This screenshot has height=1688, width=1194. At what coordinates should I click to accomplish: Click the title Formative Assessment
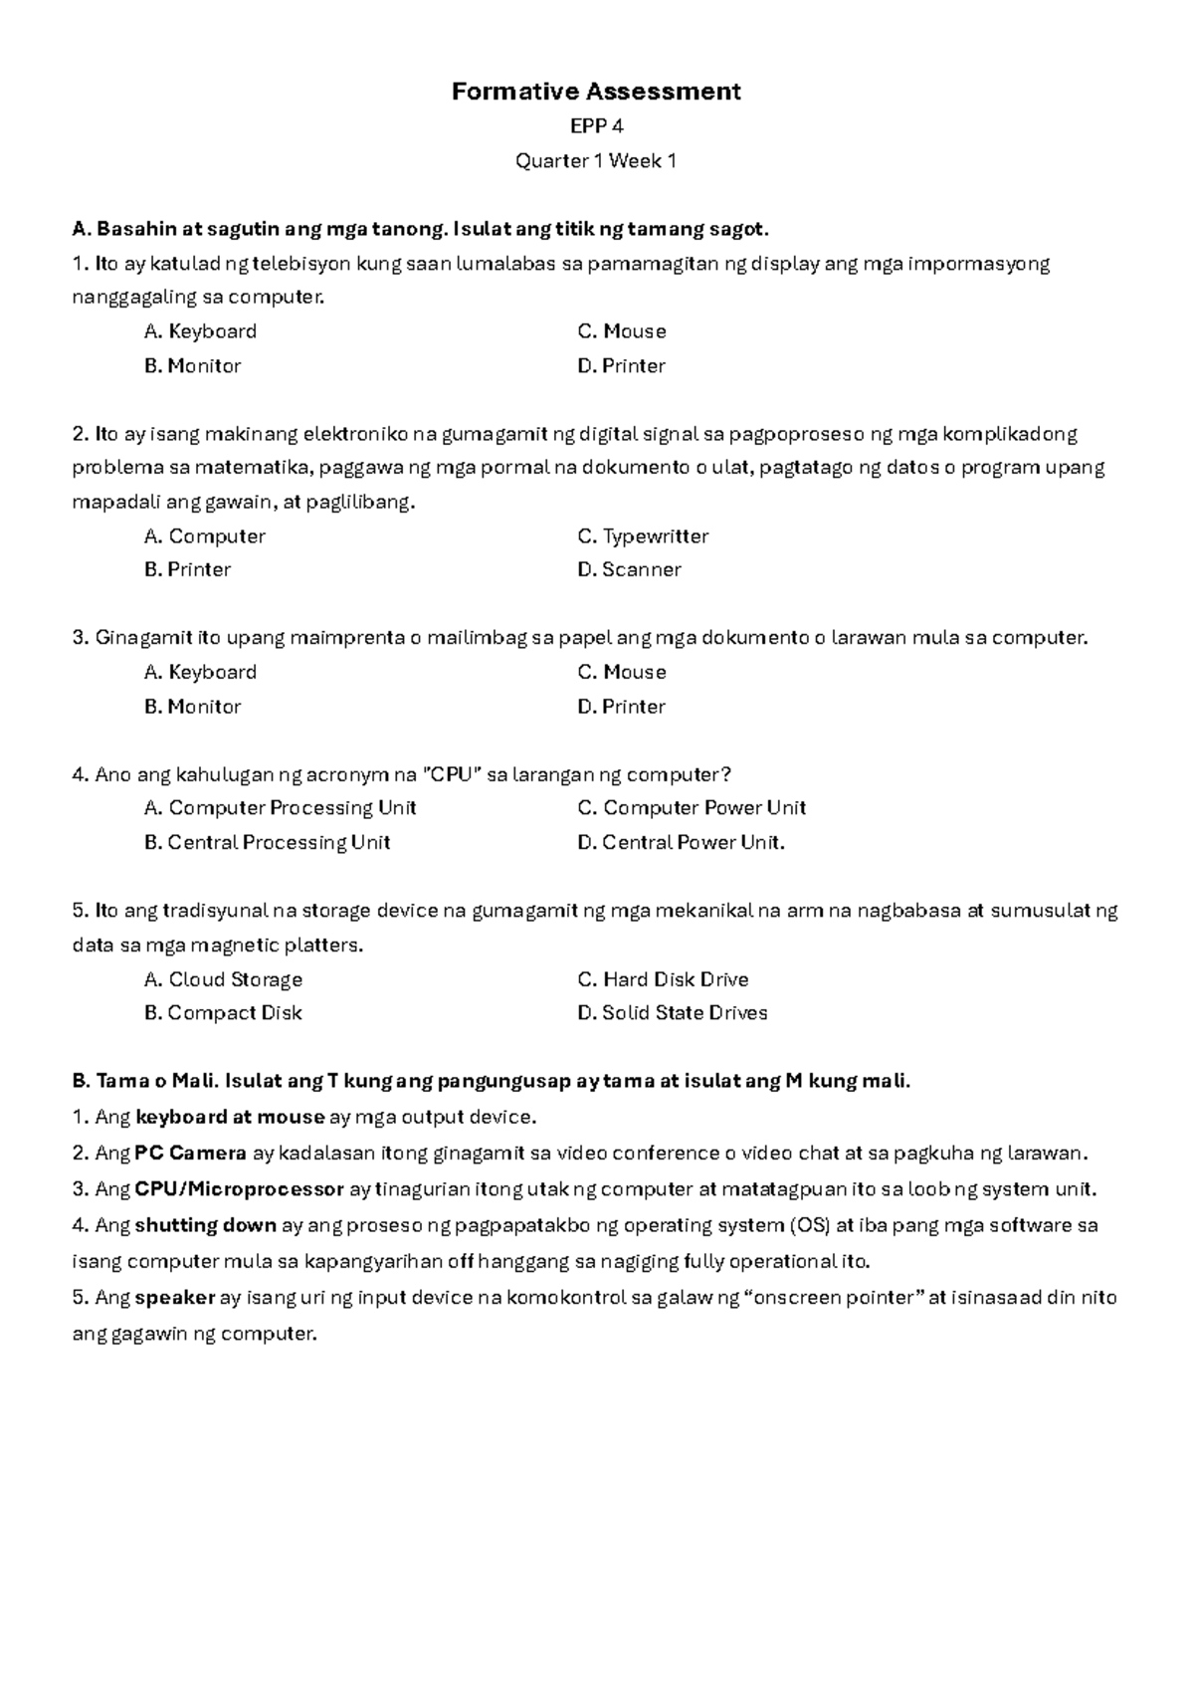click(596, 92)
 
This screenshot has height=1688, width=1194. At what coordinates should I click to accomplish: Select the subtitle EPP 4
click(596, 126)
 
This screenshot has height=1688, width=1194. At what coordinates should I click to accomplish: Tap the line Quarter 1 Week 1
click(596, 160)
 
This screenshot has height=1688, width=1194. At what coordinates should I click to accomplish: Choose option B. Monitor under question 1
click(192, 366)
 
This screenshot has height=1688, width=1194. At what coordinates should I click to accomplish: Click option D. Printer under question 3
click(621, 707)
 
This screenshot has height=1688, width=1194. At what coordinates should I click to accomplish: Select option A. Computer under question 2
click(204, 536)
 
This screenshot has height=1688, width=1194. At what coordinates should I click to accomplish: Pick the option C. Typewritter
click(643, 536)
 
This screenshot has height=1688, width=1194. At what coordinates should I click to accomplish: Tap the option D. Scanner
click(629, 570)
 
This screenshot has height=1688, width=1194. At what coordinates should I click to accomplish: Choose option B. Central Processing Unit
click(267, 843)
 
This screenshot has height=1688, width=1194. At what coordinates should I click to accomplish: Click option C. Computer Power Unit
click(692, 808)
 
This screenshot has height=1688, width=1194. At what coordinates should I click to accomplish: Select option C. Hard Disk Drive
click(663, 979)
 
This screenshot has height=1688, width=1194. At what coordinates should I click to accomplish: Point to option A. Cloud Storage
click(223, 979)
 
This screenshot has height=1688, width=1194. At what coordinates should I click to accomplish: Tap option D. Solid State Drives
click(673, 1013)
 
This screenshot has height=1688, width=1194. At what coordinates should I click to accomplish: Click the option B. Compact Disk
click(222, 1013)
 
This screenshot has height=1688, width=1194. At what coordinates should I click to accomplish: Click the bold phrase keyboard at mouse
click(230, 1118)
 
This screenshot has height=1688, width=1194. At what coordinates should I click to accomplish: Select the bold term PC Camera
click(191, 1154)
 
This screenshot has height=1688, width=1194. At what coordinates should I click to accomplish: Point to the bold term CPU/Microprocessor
click(239, 1189)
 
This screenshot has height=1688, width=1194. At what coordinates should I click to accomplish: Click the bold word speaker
click(175, 1298)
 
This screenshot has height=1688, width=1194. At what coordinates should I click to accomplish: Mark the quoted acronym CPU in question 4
click(453, 774)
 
